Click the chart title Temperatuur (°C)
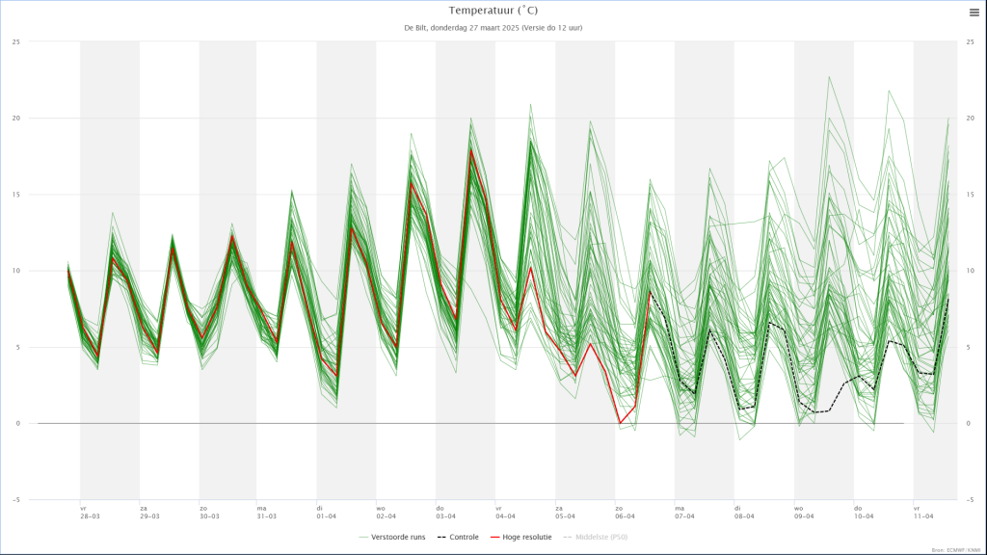(493, 11)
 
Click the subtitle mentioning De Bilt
(493, 28)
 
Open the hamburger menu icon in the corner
(974, 13)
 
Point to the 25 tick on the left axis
(16, 42)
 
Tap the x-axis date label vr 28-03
(90, 512)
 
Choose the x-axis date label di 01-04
(327, 512)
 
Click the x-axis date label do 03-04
(445, 512)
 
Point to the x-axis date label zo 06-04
(625, 512)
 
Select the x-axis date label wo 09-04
(804, 512)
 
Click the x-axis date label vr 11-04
(923, 512)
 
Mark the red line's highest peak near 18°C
(471, 150)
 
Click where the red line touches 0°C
(621, 422)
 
